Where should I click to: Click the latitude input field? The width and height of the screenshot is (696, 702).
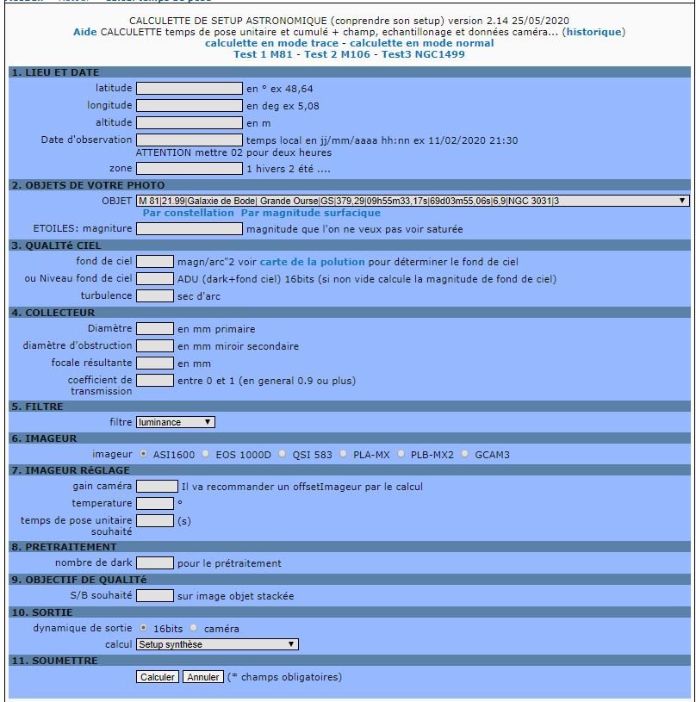click(x=190, y=88)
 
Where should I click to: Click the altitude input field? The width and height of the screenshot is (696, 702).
click(x=190, y=122)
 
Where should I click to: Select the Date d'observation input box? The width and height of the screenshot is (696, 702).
click(x=190, y=140)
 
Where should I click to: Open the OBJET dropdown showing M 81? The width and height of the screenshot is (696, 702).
click(x=413, y=201)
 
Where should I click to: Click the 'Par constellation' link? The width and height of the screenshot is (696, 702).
click(x=188, y=213)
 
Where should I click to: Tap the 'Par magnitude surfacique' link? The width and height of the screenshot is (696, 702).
click(x=310, y=213)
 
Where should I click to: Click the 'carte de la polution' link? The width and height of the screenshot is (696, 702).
click(x=313, y=261)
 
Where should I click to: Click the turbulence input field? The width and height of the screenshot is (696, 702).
click(x=155, y=295)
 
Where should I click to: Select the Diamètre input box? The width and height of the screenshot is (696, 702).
click(x=155, y=328)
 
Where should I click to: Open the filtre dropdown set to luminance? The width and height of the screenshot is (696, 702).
click(x=176, y=422)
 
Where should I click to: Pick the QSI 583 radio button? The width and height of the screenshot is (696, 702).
click(x=273, y=454)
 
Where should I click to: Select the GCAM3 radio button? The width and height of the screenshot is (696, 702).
click(x=465, y=454)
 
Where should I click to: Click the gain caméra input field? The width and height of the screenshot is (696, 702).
click(x=155, y=486)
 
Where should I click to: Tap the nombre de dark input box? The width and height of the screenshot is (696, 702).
click(x=155, y=562)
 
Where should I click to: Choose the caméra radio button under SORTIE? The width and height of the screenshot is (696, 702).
click(x=194, y=628)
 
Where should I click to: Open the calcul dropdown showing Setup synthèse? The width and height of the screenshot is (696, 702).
click(x=217, y=644)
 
